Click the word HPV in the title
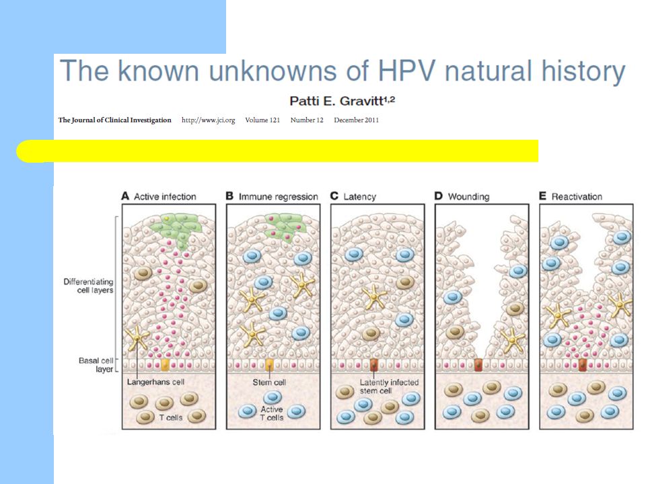[406, 71]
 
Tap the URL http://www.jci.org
[209, 120]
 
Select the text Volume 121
[262, 120]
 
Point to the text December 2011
[357, 120]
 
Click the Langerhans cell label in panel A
[155, 382]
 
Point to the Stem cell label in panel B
[269, 382]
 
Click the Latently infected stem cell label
[389, 387]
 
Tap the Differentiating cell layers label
[89, 286]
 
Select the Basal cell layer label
[96, 365]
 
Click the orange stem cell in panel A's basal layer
[165, 365]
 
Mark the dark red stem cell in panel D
[478, 365]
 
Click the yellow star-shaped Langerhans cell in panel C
[375, 297]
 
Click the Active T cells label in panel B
[271, 413]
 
